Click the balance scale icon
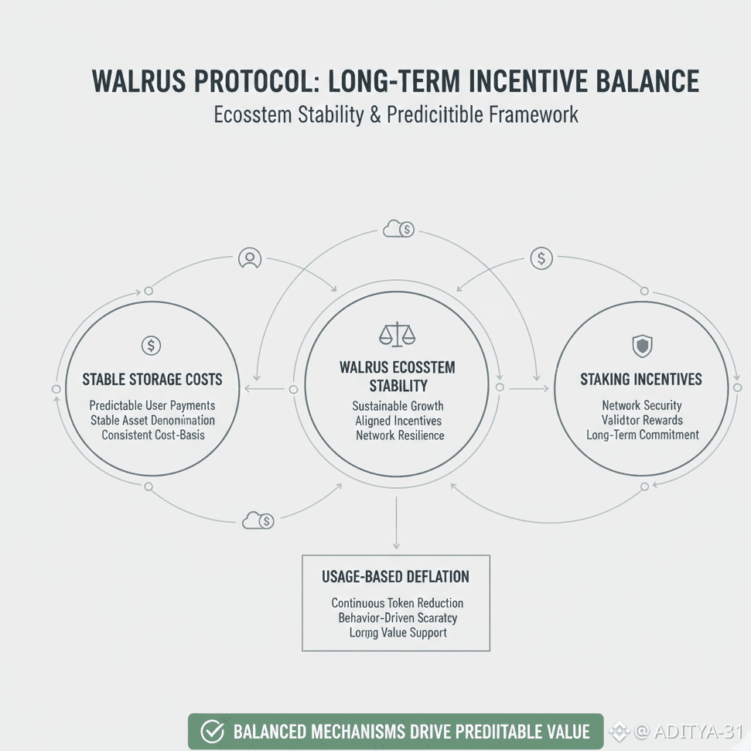(x=397, y=334)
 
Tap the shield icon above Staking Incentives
(x=642, y=346)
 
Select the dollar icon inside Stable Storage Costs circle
(x=152, y=346)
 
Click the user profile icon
(x=249, y=258)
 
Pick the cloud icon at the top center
(x=398, y=229)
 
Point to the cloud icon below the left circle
(x=258, y=521)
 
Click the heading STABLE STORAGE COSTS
(x=152, y=380)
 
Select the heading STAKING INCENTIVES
(x=641, y=380)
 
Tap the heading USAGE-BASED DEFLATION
(x=395, y=577)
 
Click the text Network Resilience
(x=400, y=435)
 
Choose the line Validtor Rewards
(x=642, y=420)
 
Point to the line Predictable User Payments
(x=152, y=405)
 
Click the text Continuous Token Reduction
(x=398, y=603)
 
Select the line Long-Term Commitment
(x=642, y=435)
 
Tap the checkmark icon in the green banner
(x=212, y=732)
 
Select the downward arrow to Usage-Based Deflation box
(x=396, y=526)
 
